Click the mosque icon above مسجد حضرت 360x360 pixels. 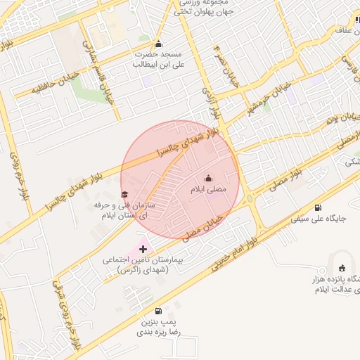tap(158, 43)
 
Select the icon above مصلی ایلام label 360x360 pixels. tap(207, 178)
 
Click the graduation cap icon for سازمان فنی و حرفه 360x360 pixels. tap(125, 193)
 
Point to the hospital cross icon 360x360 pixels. tap(144, 248)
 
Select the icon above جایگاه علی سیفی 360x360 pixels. tap(319, 207)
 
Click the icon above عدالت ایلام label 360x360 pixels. tap(342, 267)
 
